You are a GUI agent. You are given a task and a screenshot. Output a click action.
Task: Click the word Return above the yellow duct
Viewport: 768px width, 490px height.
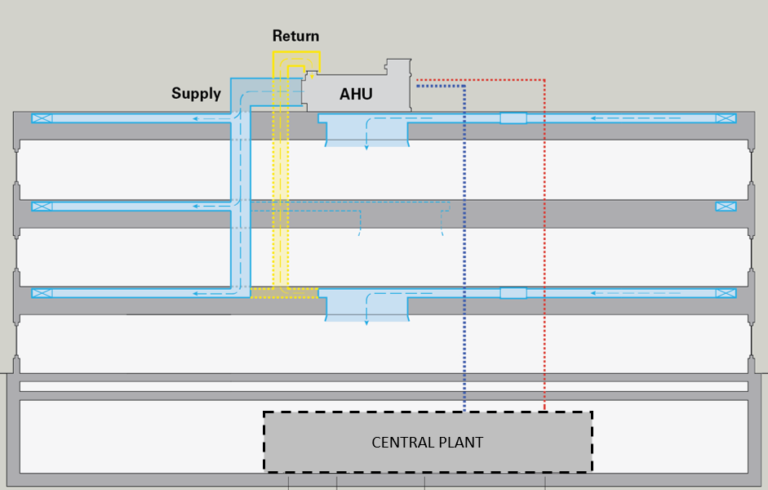(295, 36)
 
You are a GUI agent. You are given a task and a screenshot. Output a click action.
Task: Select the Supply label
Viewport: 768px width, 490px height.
(196, 93)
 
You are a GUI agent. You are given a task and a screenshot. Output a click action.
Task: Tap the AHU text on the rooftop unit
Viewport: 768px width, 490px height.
(356, 95)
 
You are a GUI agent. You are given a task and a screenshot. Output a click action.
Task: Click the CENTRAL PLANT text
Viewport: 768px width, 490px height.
(427, 443)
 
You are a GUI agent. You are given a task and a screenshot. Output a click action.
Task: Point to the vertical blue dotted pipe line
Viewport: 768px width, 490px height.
(464, 245)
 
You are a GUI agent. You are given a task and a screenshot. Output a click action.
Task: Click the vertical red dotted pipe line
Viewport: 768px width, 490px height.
(544, 245)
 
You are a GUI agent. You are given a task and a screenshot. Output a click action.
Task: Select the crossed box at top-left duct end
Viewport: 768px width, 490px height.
(42, 118)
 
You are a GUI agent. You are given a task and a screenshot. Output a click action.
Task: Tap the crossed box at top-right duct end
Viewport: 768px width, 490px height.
(726, 118)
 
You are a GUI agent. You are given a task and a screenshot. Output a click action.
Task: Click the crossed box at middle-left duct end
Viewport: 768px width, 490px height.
(42, 207)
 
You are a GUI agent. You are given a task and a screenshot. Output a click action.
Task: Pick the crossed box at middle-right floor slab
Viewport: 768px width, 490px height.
(726, 207)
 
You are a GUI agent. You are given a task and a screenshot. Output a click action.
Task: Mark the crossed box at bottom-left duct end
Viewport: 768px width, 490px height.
(42, 293)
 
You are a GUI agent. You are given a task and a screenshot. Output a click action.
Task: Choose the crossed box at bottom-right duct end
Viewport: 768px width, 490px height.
(726, 293)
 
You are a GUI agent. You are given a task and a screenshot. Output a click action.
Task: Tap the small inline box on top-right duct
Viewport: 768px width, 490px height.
(513, 118)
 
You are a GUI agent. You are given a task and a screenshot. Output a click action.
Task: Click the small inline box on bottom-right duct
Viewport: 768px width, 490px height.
(513, 293)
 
